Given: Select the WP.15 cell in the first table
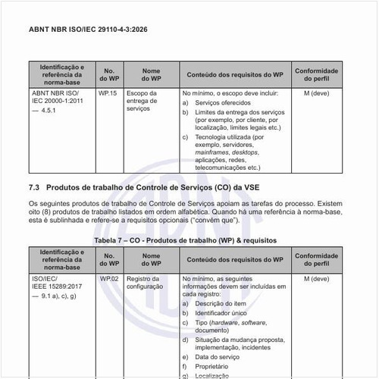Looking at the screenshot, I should [x=108, y=93].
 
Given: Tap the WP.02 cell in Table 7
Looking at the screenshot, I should [x=108, y=279].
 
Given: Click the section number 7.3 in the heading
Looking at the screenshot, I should [x=33, y=186].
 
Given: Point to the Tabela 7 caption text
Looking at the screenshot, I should [x=185, y=240].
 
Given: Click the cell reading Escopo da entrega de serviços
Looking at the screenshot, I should [x=143, y=102].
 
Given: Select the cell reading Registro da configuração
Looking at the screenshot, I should [x=145, y=283].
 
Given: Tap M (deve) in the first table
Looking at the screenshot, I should [x=316, y=93].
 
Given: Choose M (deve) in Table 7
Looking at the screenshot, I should [x=316, y=279].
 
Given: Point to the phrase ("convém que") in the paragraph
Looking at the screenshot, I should [x=239, y=222].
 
